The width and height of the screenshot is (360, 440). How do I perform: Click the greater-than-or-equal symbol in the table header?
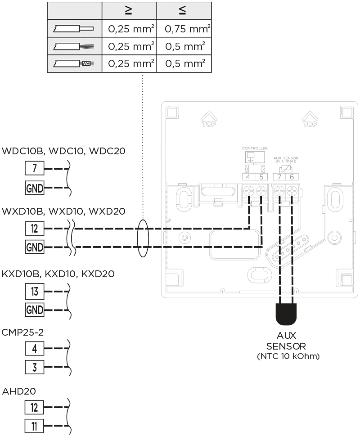pos(129,11)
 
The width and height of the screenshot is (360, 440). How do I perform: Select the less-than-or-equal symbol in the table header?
pos(183,11)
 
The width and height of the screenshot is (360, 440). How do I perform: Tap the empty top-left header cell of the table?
pos(75,11)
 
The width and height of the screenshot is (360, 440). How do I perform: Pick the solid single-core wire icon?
pos(74,29)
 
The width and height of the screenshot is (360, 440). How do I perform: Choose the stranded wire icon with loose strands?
pos(74,46)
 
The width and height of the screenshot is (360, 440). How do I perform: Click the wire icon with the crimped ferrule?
pos(74,63)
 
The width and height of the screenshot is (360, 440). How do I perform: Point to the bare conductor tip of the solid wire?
pos(87,29)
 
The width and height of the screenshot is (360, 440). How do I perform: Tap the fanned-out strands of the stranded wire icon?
pos(87,46)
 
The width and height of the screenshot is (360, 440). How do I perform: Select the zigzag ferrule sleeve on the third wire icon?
pos(86,63)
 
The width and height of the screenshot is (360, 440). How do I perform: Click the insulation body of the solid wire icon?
pos(67,29)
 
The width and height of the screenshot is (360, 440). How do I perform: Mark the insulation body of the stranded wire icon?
pos(67,46)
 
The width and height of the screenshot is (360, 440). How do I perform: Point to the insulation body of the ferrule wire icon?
pos(67,63)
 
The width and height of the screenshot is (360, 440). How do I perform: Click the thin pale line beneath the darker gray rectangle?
pos(270,182)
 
